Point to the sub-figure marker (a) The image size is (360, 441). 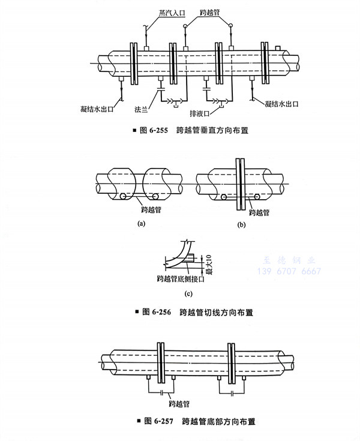point(142,223)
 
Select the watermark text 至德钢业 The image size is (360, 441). point(292,260)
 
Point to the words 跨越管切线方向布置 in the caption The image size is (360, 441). point(216,312)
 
